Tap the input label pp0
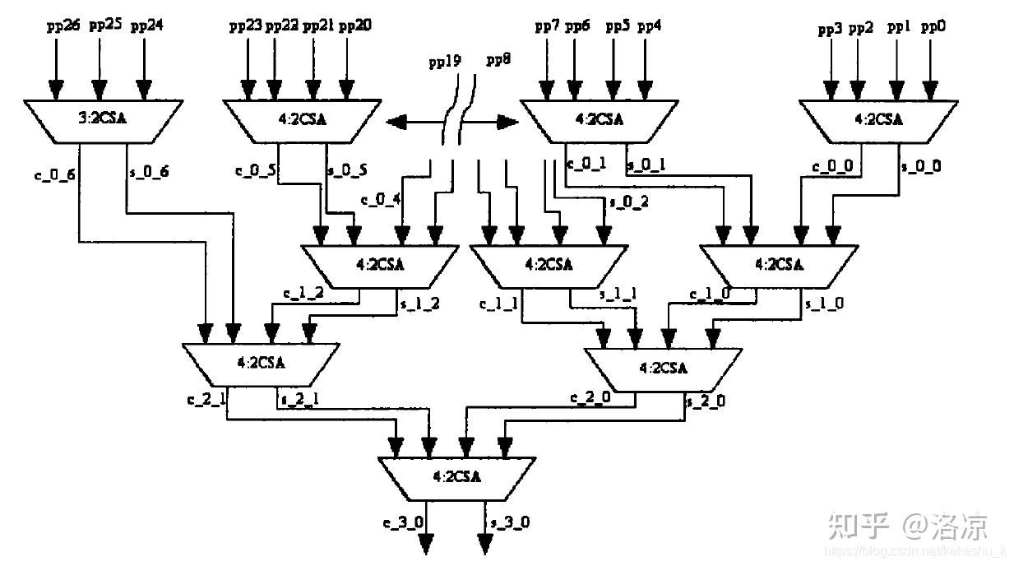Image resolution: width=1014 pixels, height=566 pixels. click(x=933, y=28)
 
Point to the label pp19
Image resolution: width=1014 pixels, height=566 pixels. click(x=444, y=62)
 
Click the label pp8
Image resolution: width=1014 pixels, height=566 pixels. click(x=497, y=60)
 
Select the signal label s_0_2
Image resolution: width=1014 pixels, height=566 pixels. click(x=628, y=202)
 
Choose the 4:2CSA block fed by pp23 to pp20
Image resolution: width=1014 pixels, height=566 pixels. click(x=300, y=119)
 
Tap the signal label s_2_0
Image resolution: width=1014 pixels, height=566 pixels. click(x=706, y=401)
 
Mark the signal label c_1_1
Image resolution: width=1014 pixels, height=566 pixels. click(x=499, y=304)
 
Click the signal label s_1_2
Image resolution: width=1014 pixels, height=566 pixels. click(x=419, y=304)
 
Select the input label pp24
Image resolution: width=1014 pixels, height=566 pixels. click(x=146, y=26)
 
